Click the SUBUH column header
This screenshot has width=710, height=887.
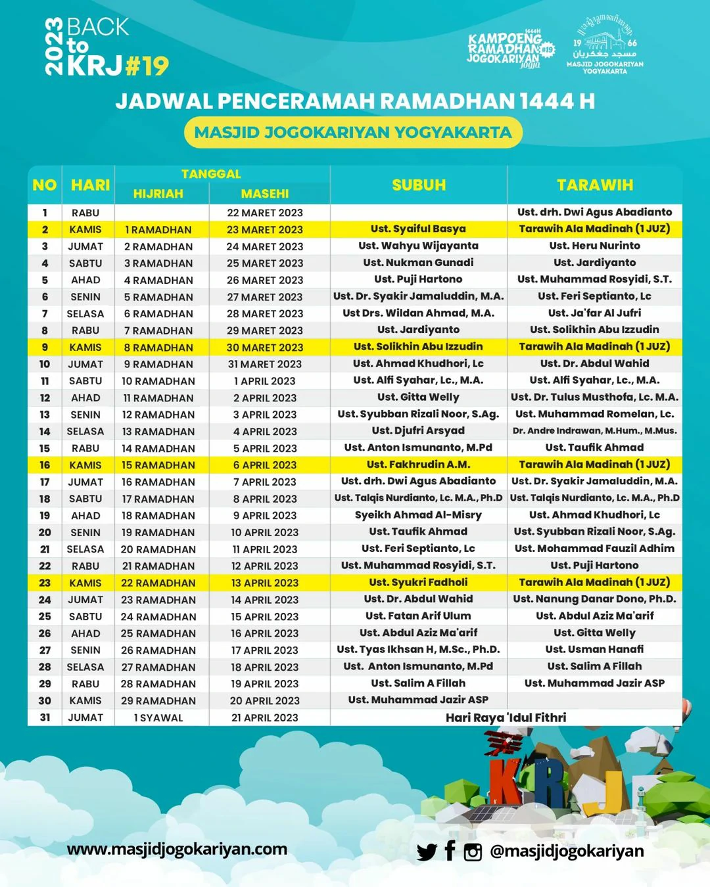point(419,185)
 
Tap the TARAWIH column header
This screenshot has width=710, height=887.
point(595,185)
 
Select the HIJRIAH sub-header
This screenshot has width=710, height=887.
point(158,194)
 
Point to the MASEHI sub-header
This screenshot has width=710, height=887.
point(265,194)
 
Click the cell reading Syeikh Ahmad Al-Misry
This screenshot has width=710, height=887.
point(418,515)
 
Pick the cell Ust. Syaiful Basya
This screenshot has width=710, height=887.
point(418,229)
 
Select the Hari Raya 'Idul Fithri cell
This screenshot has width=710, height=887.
point(506,717)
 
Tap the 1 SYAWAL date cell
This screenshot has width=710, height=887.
point(158,717)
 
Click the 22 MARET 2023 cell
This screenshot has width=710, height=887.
point(265,213)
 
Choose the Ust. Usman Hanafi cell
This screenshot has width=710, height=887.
point(594,649)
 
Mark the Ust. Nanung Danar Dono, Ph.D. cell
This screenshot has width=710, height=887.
point(594,599)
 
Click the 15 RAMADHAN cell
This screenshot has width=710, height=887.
point(158,465)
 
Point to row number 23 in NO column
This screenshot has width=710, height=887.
point(45,583)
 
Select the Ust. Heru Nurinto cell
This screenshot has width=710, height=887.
point(594,246)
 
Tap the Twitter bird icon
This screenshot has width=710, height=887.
point(427,852)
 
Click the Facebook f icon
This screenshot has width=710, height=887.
point(450,851)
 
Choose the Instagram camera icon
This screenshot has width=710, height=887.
point(473,852)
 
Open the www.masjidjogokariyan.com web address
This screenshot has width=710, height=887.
point(177,849)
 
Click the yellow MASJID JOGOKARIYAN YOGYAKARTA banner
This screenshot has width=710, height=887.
point(353,133)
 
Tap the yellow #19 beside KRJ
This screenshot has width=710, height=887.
point(147,66)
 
